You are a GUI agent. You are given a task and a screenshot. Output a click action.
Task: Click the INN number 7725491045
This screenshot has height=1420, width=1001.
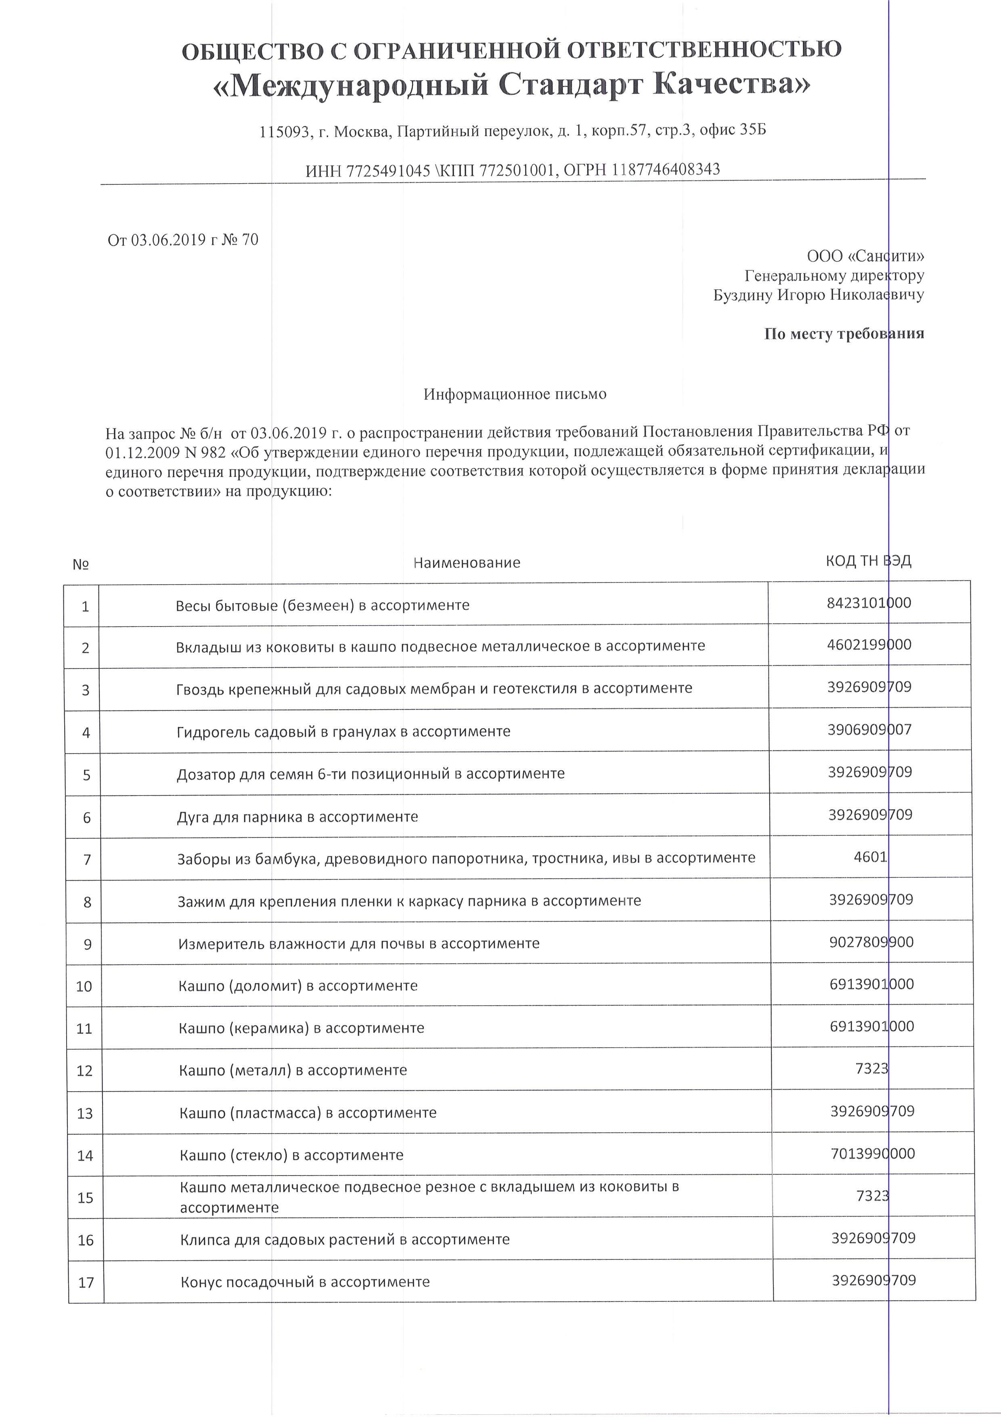388,171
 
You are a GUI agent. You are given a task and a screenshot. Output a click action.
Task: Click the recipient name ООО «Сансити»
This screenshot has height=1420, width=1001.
865,255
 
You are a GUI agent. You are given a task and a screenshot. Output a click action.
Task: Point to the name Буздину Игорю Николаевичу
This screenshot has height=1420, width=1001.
818,294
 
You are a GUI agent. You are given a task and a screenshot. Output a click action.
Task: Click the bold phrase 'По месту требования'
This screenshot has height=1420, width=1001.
844,334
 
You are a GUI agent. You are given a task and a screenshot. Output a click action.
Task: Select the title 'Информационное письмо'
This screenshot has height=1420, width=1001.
515,394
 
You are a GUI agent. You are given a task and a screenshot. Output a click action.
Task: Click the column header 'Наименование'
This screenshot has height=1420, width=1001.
467,563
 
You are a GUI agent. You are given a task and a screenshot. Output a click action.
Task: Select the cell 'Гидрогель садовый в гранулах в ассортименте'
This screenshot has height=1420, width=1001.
343,732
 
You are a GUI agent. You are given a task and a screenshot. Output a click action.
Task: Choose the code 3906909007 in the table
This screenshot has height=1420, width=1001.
869,730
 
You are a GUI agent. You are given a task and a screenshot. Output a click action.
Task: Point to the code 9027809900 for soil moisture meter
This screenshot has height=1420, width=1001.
871,942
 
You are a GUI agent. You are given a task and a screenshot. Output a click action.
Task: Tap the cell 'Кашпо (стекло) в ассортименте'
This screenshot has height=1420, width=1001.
291,1155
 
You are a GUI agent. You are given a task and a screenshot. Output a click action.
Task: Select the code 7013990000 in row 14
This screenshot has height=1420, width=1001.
872,1153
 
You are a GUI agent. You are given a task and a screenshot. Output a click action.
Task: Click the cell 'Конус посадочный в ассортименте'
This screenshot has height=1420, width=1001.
305,1282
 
